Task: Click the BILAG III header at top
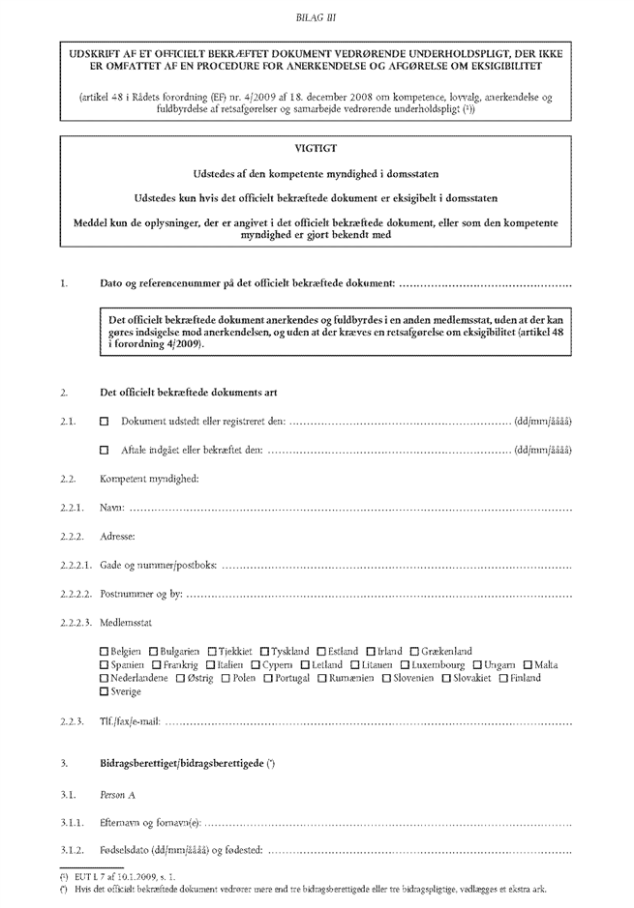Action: [317, 17]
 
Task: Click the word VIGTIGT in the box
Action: [317, 149]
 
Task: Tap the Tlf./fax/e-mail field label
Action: [131, 721]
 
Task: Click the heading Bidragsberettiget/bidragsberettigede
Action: [189, 765]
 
